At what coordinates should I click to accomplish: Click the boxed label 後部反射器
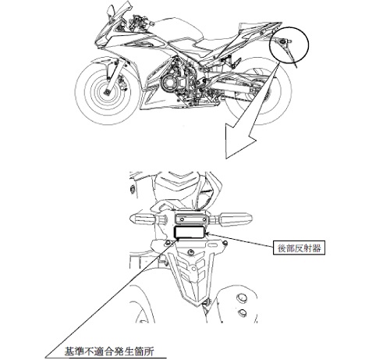(299, 248)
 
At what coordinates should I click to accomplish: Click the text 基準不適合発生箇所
(109, 351)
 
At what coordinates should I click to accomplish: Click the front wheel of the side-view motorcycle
(108, 91)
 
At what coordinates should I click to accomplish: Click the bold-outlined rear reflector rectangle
(189, 232)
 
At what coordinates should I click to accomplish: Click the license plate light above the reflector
(191, 218)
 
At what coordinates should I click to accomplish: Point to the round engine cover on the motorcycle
(170, 83)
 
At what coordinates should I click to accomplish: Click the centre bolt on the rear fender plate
(191, 252)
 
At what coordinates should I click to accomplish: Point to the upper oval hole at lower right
(242, 297)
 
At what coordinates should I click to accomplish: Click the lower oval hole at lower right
(243, 312)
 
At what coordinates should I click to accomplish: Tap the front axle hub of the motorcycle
(107, 92)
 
